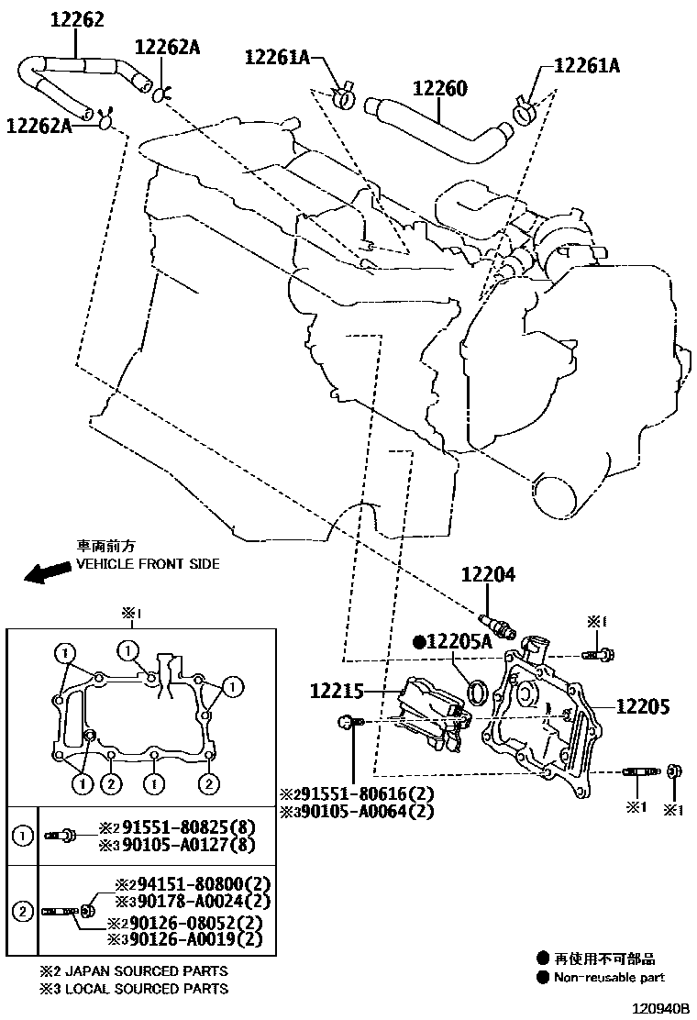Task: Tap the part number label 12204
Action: pos(488,575)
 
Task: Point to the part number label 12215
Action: pos(337,691)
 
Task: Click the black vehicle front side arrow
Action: pos(48,572)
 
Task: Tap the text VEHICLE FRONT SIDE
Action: pos(148,564)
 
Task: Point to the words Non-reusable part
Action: pos(609,978)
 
